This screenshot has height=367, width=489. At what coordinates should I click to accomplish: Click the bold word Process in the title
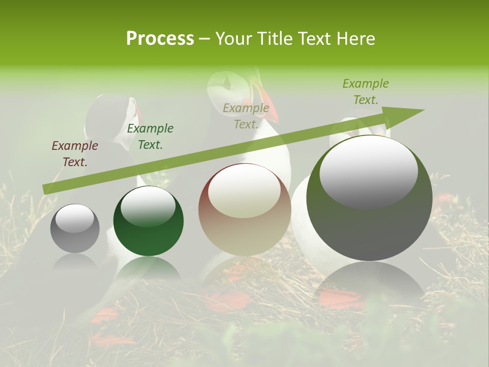click(160, 38)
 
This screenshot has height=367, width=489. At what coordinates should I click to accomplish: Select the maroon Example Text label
click(75, 154)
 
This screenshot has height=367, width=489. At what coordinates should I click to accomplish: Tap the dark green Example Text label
click(150, 137)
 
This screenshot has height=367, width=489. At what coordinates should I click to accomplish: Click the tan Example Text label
click(246, 116)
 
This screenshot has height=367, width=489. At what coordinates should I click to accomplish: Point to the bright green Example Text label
click(366, 92)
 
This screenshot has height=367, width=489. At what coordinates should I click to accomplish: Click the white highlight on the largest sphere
click(369, 171)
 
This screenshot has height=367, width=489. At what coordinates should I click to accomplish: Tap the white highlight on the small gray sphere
click(74, 218)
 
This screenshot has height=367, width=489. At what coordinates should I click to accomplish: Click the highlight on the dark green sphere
click(148, 206)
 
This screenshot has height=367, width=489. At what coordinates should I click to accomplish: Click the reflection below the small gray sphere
click(75, 263)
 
